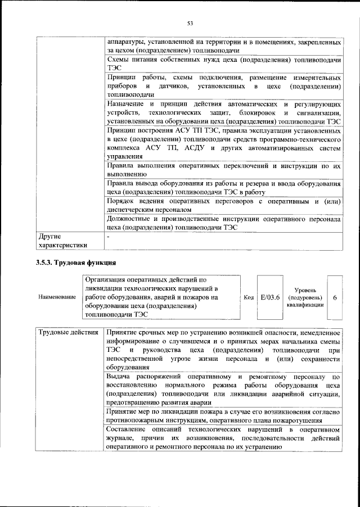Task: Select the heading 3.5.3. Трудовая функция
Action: tap(76, 262)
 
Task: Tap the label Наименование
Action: tap(57, 296)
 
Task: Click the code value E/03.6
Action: tap(270, 296)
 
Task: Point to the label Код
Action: tap(249, 296)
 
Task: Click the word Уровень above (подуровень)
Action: tap(305, 288)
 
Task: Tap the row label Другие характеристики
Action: tap(62, 241)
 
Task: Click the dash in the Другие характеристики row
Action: tap(108, 237)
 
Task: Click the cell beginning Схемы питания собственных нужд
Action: tap(223, 63)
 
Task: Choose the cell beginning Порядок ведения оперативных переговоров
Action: tap(223, 205)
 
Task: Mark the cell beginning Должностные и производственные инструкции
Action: tap(223, 223)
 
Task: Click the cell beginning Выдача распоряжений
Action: tap(223, 389)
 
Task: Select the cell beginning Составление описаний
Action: tap(223, 438)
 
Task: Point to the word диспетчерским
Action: tap(133, 209)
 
